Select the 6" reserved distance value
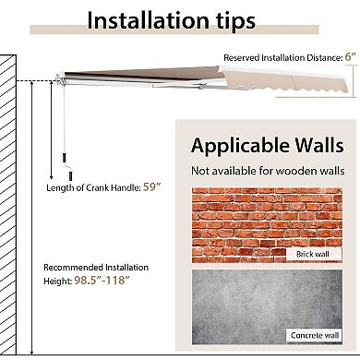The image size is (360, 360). pyautogui.click(x=350, y=57)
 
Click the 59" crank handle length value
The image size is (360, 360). pyautogui.click(x=152, y=186)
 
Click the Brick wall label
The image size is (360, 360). pyautogui.click(x=313, y=254)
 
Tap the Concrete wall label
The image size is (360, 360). pyautogui.click(x=315, y=335)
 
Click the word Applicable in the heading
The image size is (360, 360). pyautogui.click(x=240, y=146)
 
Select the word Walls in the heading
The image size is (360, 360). pyautogui.click(x=318, y=145)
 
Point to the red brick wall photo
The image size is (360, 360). pyautogui.click(x=267, y=225)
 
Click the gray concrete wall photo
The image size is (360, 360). pyautogui.click(x=267, y=306)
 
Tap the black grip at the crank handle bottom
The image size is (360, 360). pyautogui.click(x=70, y=175)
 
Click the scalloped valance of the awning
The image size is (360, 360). pyautogui.click(x=286, y=81)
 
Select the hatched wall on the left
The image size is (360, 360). pyautogui.click(x=8, y=205)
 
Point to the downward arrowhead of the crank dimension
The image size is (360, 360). pyautogui.click(x=52, y=177)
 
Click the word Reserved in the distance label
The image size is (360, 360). pyautogui.click(x=242, y=57)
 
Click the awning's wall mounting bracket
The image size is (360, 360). pyautogui.click(x=60, y=78)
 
